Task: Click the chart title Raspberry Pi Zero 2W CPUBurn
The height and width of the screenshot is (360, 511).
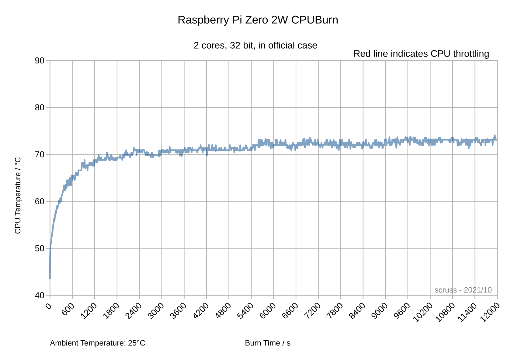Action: click(258, 20)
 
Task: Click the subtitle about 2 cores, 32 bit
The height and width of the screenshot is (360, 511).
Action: click(255, 46)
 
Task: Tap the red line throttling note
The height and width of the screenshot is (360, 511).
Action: click(421, 54)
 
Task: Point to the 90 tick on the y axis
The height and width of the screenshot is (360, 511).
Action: click(40, 61)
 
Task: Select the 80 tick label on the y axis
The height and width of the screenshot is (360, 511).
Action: click(40, 108)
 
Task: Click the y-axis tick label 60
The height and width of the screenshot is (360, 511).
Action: click(40, 201)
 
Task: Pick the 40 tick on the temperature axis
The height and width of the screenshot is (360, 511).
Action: click(40, 295)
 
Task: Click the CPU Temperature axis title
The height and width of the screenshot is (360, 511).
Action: click(18, 195)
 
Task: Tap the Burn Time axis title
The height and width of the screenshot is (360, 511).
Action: click(267, 343)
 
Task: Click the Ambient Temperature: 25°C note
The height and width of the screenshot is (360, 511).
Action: click(97, 343)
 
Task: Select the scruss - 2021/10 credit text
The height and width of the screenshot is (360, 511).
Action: click(463, 290)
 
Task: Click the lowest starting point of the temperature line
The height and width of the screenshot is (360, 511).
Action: click(50, 278)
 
